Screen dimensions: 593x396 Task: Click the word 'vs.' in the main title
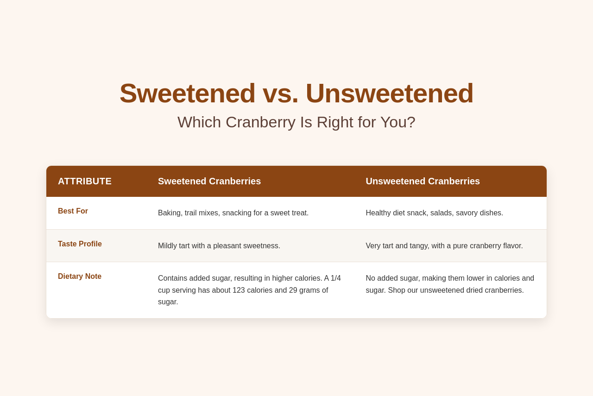tap(281, 94)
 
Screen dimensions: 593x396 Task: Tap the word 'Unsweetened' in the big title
tap(390, 94)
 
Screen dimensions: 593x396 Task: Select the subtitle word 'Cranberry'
tap(260, 122)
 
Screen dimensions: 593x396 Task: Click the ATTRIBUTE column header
tap(85, 181)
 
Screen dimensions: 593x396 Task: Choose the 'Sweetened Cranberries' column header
tap(209, 181)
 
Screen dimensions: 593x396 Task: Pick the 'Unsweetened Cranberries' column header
tap(423, 181)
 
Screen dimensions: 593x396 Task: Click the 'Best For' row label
tap(73, 211)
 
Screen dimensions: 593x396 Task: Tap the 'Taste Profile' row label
tap(80, 244)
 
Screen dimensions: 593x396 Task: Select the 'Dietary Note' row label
tap(80, 277)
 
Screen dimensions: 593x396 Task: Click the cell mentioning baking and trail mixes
tap(233, 213)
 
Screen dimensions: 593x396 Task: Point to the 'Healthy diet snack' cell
tap(435, 213)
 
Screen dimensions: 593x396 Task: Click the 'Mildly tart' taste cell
tap(219, 245)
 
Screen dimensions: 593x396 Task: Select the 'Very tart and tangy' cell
tap(444, 245)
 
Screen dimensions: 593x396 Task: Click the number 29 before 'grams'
tap(293, 290)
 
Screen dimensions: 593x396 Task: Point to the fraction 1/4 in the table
tap(336, 278)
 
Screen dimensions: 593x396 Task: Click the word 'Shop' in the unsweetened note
tap(397, 290)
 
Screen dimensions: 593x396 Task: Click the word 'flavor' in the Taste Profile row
tap(513, 245)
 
